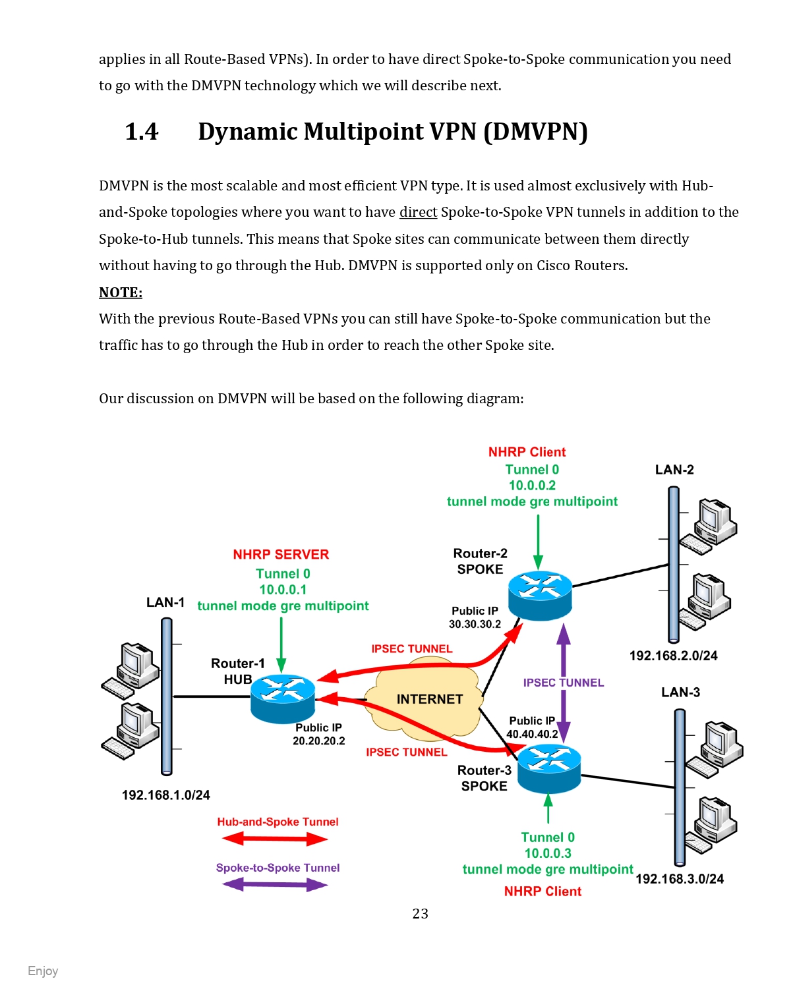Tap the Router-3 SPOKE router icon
click(x=548, y=768)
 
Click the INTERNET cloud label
click(x=430, y=699)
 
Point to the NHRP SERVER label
click(x=281, y=555)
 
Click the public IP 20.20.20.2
click(x=319, y=741)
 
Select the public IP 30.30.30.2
click(x=475, y=624)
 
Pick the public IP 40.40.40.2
click(x=532, y=734)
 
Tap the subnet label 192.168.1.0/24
click(x=166, y=795)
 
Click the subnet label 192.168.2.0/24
click(x=673, y=656)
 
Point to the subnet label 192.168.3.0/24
click(x=680, y=879)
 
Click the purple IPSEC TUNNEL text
click(x=564, y=683)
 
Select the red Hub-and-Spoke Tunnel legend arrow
click(x=276, y=839)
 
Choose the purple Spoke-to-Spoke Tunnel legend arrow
click(x=276, y=885)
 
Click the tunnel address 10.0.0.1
click(x=283, y=590)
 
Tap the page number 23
click(x=421, y=914)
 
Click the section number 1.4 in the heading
click(x=142, y=132)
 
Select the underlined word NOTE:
click(x=121, y=293)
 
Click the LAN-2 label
click(x=674, y=470)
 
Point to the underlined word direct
click(x=418, y=212)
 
